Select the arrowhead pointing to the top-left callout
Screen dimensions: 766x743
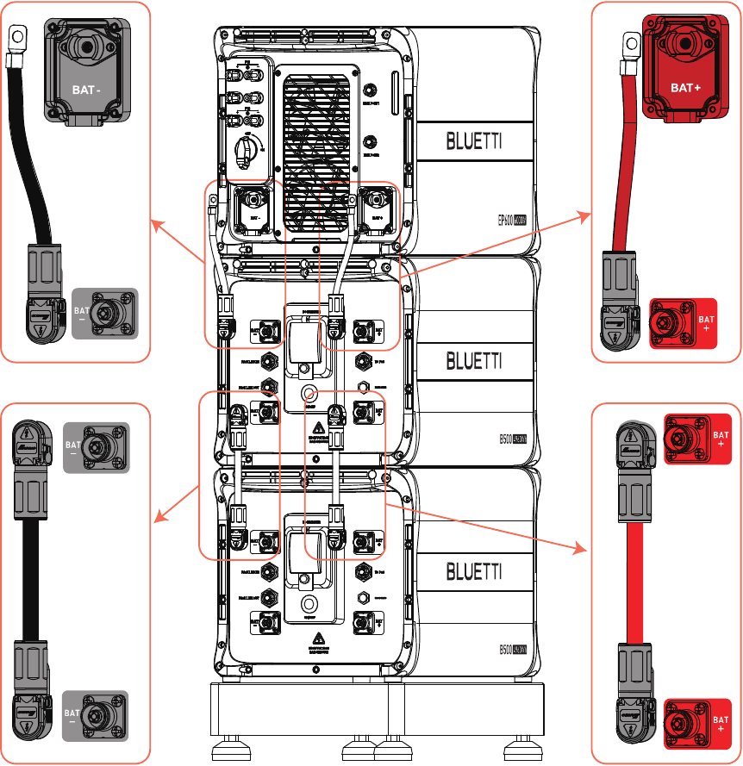click(x=154, y=222)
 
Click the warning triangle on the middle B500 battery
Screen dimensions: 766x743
click(x=318, y=427)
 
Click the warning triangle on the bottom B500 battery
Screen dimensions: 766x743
click(x=318, y=639)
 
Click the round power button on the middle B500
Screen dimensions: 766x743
click(x=307, y=394)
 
